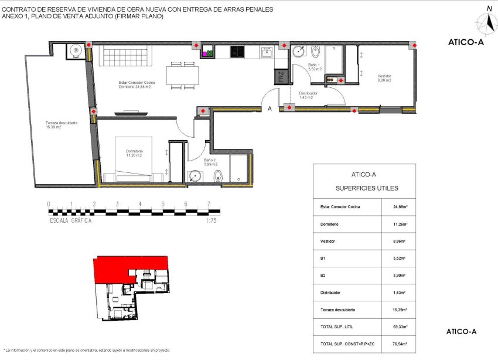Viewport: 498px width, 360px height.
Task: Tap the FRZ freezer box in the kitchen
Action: pyautogui.click(x=281, y=76)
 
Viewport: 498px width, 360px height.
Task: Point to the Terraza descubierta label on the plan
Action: pyautogui.click(x=62, y=125)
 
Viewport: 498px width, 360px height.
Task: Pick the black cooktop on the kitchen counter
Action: pyautogui.click(x=237, y=52)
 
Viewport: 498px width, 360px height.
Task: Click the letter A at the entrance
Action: pyautogui.click(x=270, y=108)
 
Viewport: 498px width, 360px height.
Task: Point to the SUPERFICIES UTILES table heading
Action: pyautogui.click(x=366, y=188)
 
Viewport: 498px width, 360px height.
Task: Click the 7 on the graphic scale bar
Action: pyautogui.click(x=209, y=204)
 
